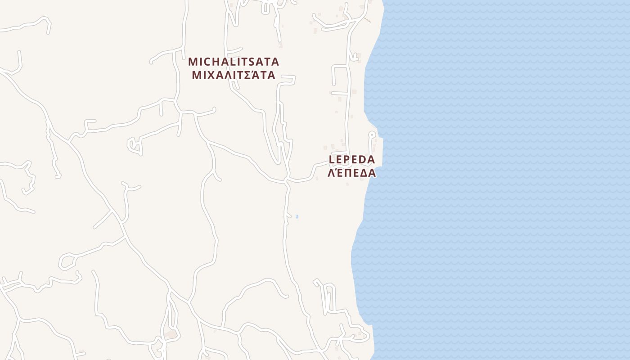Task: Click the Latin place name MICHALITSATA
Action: click(x=234, y=61)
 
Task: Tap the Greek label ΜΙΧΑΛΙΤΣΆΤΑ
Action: click(x=234, y=75)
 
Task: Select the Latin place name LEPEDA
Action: click(x=352, y=159)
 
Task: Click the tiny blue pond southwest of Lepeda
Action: click(x=297, y=217)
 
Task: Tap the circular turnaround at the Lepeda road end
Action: click(x=372, y=134)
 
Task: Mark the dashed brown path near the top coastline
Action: click(x=367, y=19)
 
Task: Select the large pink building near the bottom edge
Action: click(x=170, y=335)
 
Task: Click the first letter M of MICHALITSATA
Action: click(x=193, y=61)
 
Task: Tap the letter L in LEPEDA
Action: click(x=333, y=159)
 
